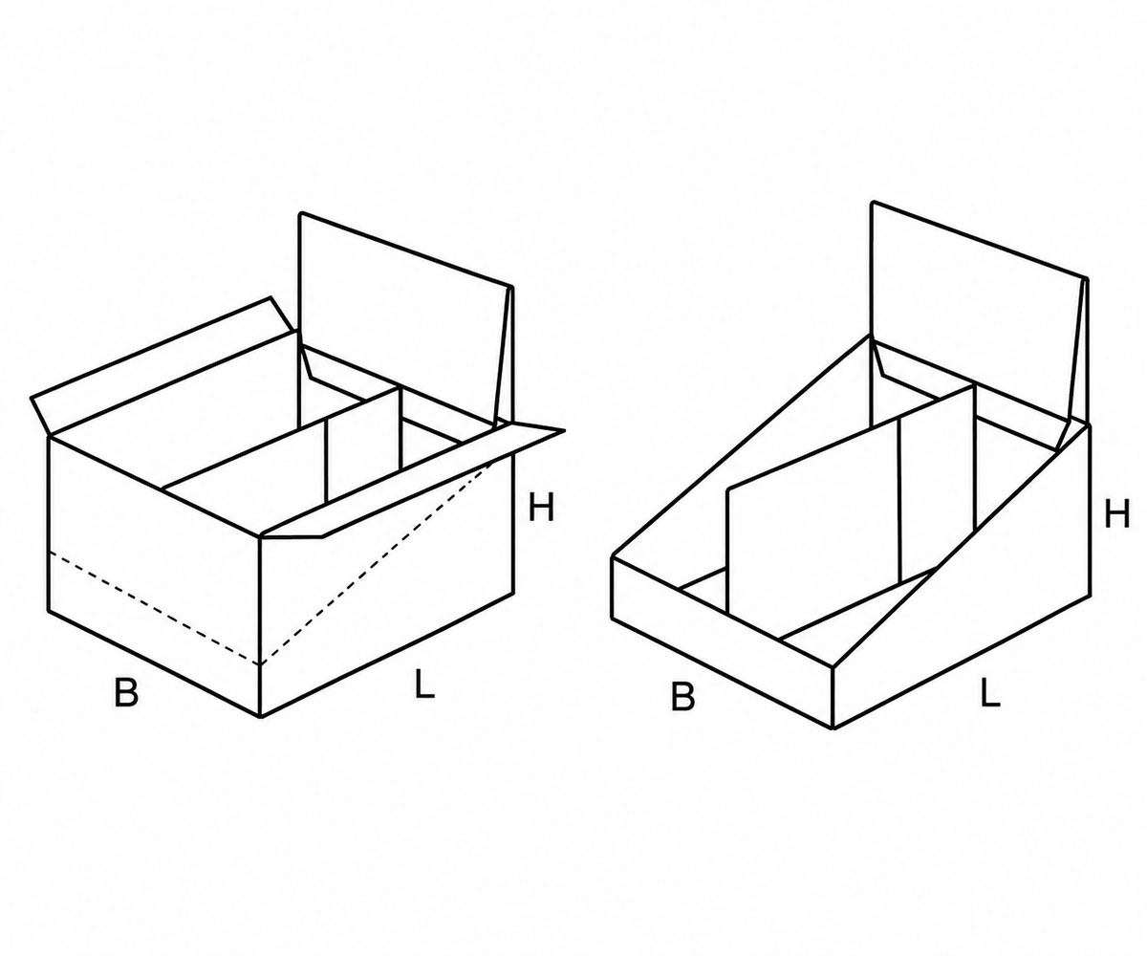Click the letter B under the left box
[126, 692]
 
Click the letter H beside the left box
[541, 507]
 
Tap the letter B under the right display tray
[683, 697]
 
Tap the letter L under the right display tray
[990, 693]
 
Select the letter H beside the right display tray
[1116, 514]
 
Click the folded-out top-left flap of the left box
[164, 368]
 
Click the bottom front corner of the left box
[260, 716]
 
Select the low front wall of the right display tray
[723, 642]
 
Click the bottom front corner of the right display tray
[833, 728]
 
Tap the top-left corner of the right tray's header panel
[873, 202]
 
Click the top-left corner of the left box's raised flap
[300, 212]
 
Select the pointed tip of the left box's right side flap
[564, 430]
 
